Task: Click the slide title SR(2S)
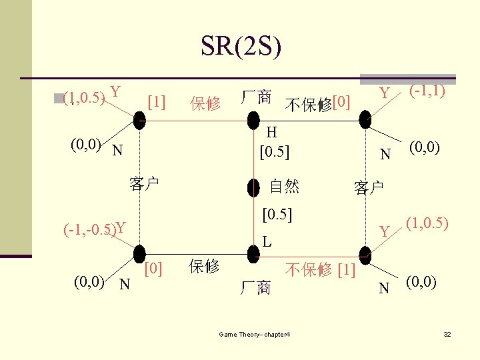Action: (241, 46)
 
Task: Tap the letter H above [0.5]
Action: (273, 133)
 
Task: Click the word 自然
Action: (284, 186)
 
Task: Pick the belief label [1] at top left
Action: (156, 101)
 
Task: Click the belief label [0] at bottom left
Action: (155, 268)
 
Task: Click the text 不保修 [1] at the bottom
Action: (320, 269)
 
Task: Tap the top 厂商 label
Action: (256, 97)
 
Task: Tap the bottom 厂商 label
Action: (256, 288)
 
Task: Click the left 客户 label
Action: (144, 184)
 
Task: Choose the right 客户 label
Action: (369, 188)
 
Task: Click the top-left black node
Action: (139, 120)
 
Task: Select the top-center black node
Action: (253, 120)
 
